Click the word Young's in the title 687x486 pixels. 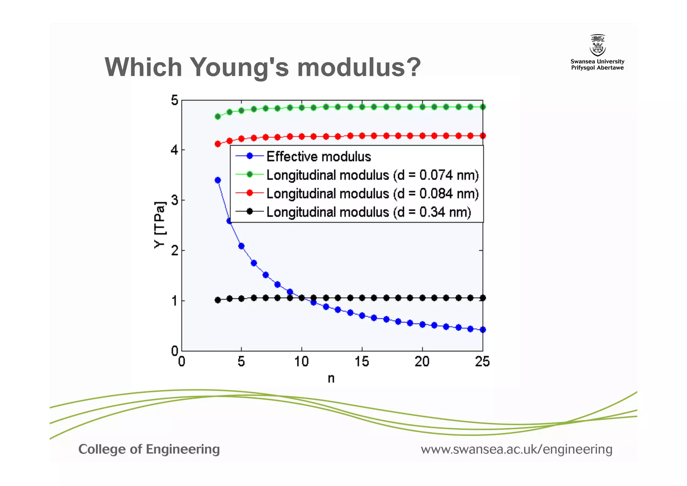239,67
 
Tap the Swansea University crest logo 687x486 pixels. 597,45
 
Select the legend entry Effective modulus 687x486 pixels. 318,157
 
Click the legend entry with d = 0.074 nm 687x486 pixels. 372,175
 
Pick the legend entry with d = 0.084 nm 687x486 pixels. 372,193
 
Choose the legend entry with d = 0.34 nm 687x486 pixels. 368,212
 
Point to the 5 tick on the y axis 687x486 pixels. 174,100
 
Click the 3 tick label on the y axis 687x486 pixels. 174,200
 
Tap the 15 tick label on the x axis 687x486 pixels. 362,362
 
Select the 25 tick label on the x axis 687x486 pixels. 482,362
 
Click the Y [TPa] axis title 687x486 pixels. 160,225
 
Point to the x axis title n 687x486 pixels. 331,379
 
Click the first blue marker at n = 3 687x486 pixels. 218,180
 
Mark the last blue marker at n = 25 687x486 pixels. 483,330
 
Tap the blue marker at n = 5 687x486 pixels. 241,246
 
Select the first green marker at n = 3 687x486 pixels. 218,117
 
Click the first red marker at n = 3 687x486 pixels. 218,144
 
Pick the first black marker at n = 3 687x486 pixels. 218,300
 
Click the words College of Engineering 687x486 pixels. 149,449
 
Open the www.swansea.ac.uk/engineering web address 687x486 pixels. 517,449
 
